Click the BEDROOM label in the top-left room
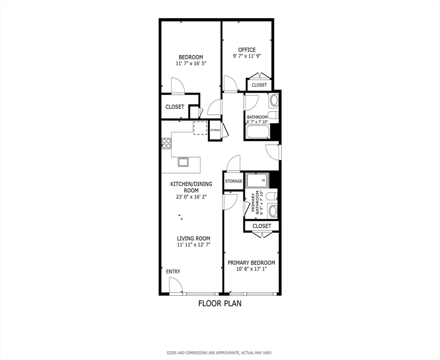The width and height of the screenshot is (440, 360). tap(190, 57)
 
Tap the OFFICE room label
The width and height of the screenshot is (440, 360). tap(247, 50)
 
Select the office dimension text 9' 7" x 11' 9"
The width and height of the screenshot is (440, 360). tap(247, 56)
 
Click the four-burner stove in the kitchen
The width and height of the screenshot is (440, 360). tap(167, 143)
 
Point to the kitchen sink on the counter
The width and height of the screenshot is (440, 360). tap(183, 162)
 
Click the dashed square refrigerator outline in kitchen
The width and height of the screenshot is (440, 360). tap(200, 127)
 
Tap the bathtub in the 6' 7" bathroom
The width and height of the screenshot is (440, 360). tap(257, 131)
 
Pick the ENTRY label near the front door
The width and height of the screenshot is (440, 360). tap(173, 271)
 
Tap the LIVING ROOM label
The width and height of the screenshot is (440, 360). tap(193, 238)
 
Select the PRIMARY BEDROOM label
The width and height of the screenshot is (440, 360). tap(251, 263)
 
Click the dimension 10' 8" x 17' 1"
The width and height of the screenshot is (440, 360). tap(251, 269)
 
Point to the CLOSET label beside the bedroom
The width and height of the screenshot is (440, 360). tap(174, 107)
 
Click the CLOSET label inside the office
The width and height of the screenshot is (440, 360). tap(259, 85)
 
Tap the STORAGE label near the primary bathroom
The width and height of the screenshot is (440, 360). tap(233, 181)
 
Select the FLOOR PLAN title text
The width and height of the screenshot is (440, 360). tap(220, 303)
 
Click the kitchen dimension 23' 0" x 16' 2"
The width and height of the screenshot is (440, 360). tap(191, 197)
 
